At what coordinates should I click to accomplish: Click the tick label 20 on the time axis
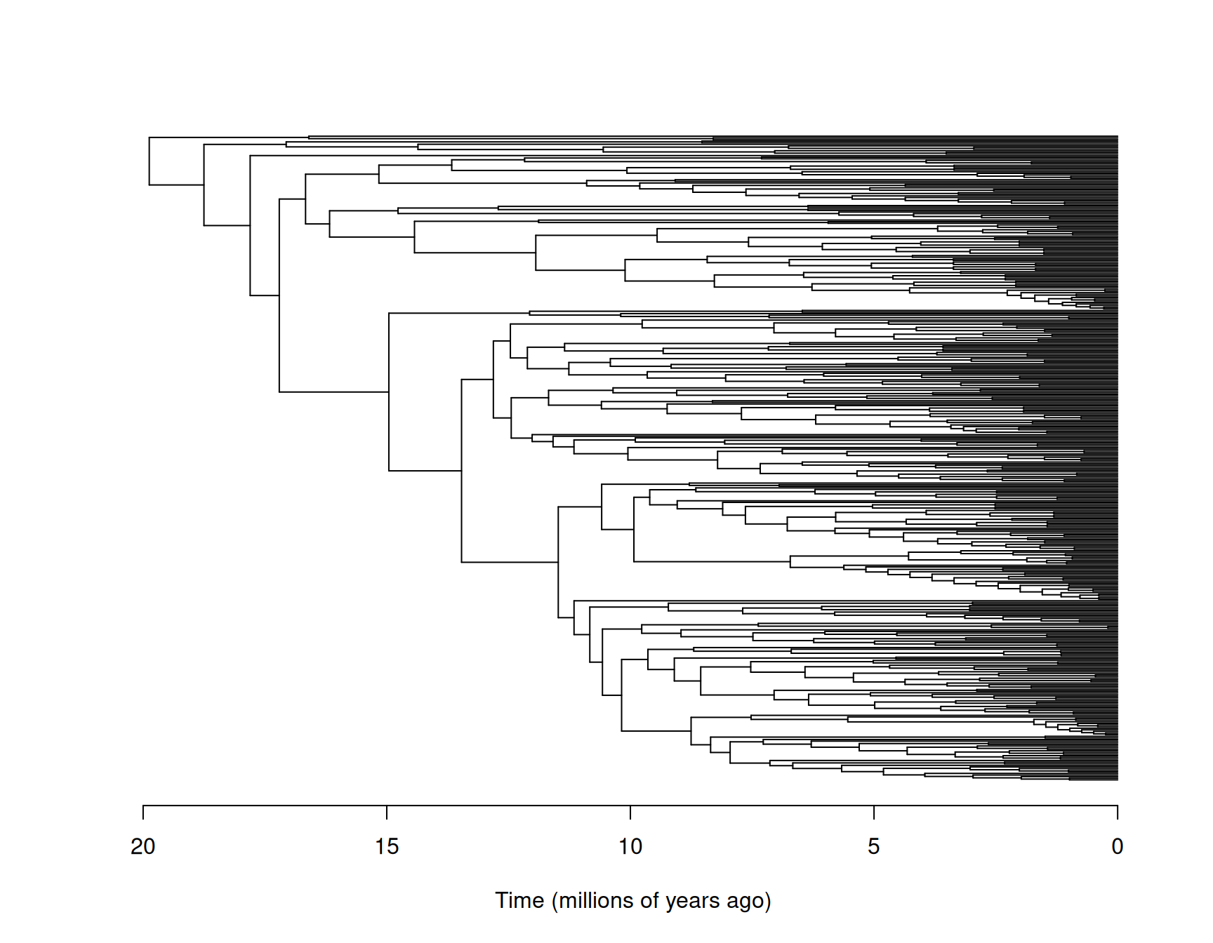click(x=143, y=847)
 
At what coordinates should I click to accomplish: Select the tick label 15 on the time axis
click(x=387, y=847)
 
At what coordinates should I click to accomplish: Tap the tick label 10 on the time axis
click(x=630, y=847)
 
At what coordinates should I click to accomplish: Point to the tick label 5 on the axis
click(x=873, y=847)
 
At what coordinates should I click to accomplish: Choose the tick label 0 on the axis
click(x=1117, y=847)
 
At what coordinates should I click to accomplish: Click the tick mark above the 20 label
click(x=143, y=812)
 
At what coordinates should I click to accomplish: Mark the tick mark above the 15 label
click(x=387, y=812)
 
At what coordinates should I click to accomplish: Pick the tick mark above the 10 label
click(x=630, y=812)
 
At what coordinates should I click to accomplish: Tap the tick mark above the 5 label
click(x=874, y=812)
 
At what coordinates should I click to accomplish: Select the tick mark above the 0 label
click(x=1118, y=812)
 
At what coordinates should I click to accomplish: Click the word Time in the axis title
click(x=519, y=900)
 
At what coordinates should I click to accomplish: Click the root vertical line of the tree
click(x=150, y=161)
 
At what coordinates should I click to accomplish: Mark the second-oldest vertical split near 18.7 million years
click(x=204, y=185)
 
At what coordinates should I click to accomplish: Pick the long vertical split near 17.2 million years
click(x=279, y=295)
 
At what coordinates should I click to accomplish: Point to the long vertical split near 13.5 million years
click(x=462, y=470)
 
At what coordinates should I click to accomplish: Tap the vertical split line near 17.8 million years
click(x=251, y=225)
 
